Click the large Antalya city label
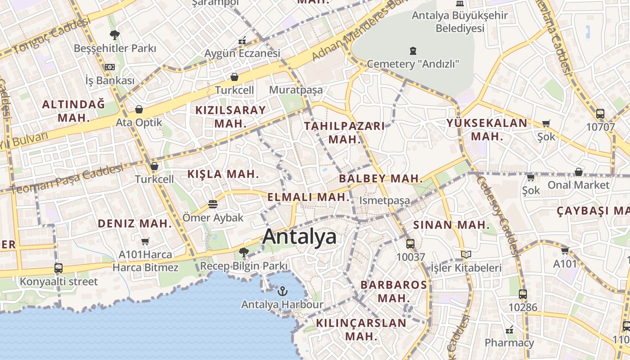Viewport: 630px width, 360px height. pyautogui.click(x=299, y=236)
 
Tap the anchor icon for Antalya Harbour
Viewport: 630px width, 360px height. pyautogui.click(x=282, y=291)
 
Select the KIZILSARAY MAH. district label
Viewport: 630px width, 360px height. pyautogui.click(x=230, y=117)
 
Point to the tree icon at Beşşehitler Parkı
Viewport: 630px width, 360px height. pyautogui.click(x=115, y=35)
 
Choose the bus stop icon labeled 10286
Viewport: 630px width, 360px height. pyautogui.click(x=523, y=294)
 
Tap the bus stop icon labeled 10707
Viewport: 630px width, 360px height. pyautogui.click(x=600, y=114)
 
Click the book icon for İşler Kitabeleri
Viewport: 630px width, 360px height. pyautogui.click(x=466, y=255)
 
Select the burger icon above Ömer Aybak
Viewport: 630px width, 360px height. pyautogui.click(x=213, y=205)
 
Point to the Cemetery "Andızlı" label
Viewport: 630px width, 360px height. pyautogui.click(x=413, y=64)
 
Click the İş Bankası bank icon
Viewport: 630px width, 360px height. pyautogui.click(x=110, y=67)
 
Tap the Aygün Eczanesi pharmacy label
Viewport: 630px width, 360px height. pyautogui.click(x=242, y=53)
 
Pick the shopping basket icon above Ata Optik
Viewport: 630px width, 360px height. pyautogui.click(x=139, y=109)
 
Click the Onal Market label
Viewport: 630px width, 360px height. pyautogui.click(x=578, y=184)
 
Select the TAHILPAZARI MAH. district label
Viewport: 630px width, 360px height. pyautogui.click(x=345, y=132)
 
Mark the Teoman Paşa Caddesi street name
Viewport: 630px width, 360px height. pyautogui.click(x=66, y=179)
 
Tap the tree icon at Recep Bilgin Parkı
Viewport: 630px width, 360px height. pyautogui.click(x=243, y=252)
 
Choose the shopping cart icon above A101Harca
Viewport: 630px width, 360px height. pyautogui.click(x=145, y=242)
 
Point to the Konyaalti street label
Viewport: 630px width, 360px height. pyautogui.click(x=58, y=282)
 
